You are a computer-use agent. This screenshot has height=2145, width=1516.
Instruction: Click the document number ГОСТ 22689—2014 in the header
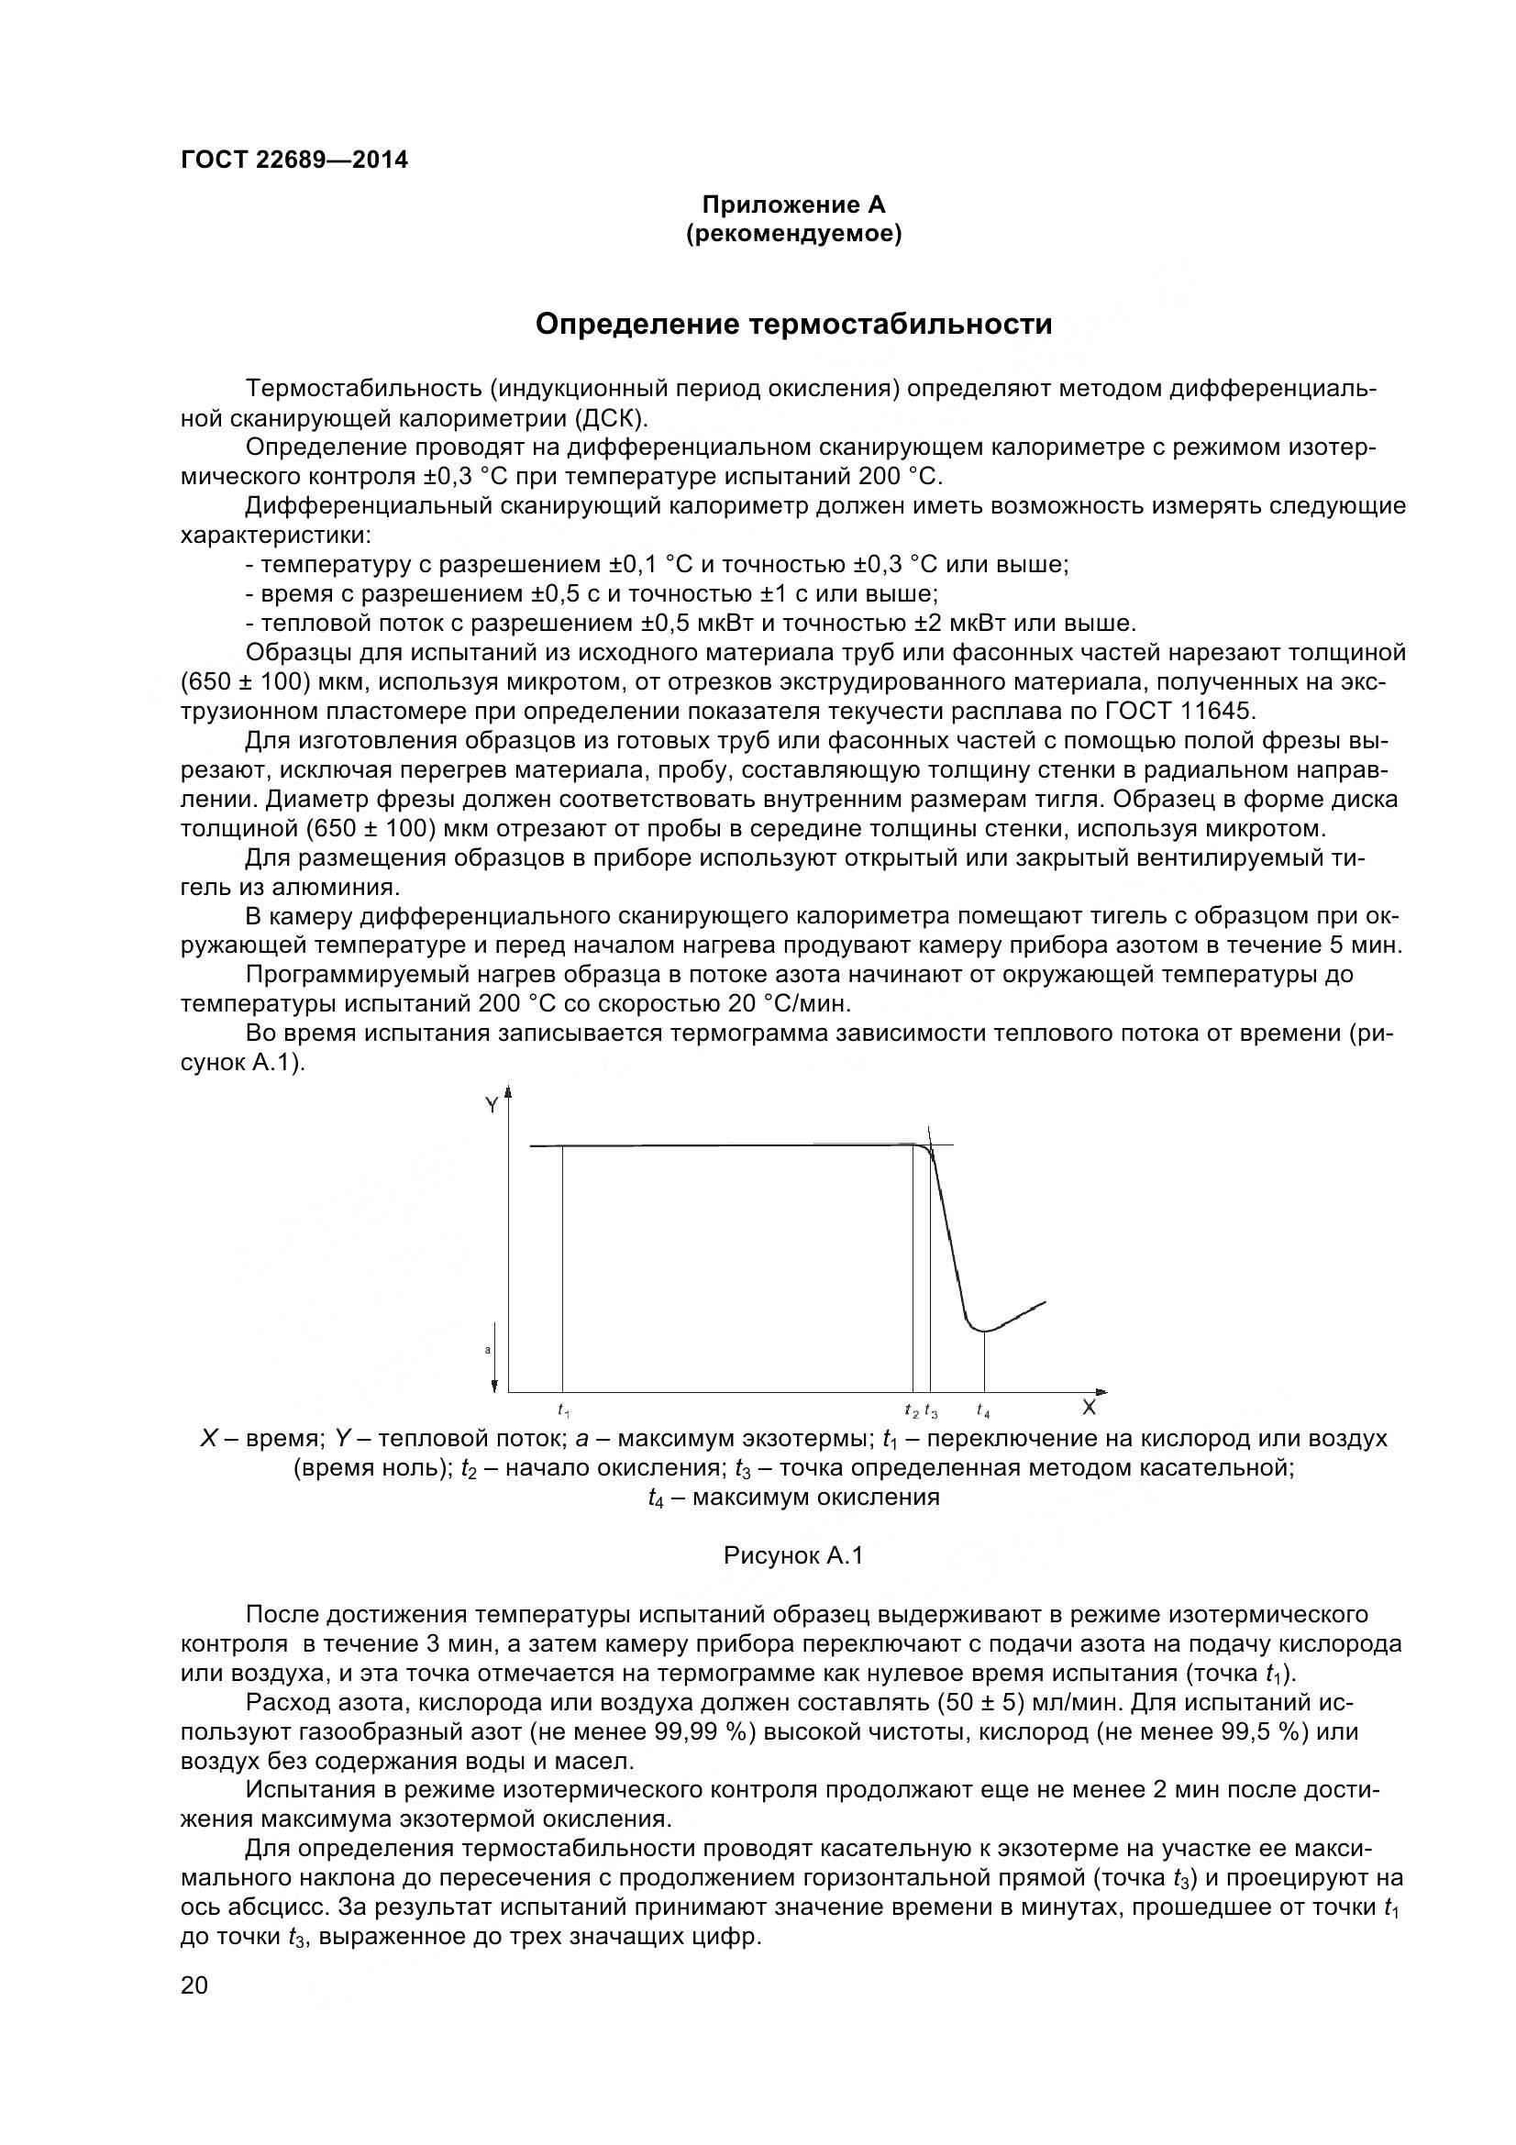pos(294,160)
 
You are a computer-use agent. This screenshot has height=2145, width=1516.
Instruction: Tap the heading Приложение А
pos(793,205)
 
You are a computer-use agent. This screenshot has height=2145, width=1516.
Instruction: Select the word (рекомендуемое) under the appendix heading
pos(793,234)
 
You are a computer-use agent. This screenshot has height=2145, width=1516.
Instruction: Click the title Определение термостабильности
pos(793,324)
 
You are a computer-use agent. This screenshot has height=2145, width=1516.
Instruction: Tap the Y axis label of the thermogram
pos(492,1106)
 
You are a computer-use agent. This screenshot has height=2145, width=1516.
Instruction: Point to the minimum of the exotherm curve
pos(983,1331)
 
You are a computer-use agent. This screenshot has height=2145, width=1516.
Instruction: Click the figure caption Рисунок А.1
pos(793,1555)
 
